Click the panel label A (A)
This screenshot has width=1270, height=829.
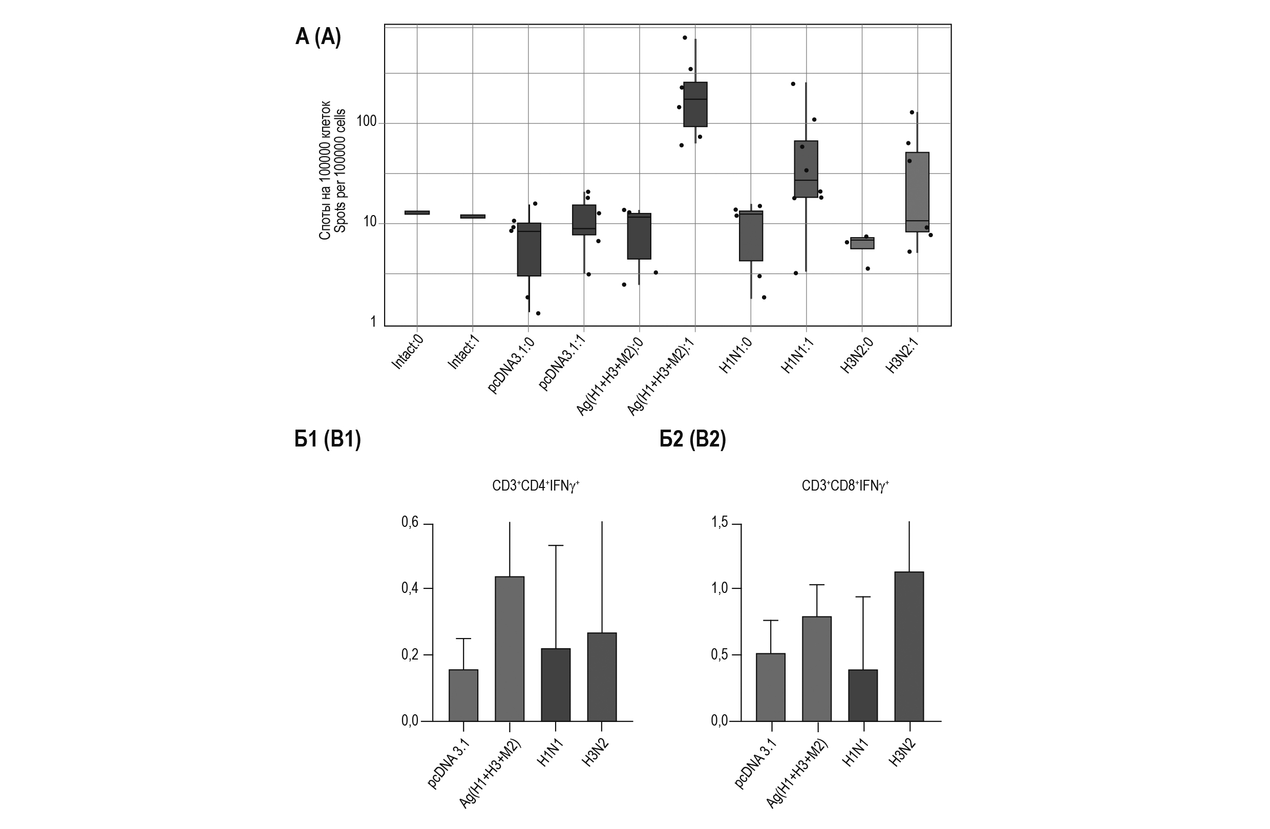tap(318, 37)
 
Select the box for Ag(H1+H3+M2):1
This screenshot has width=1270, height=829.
tap(695, 104)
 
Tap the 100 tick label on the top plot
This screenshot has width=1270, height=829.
tap(367, 122)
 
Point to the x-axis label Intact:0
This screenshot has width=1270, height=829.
tap(408, 354)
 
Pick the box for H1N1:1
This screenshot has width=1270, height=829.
tap(806, 168)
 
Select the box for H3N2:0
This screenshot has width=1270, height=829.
tap(862, 243)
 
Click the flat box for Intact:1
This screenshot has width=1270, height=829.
tap(473, 216)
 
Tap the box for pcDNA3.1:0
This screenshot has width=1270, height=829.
tap(529, 249)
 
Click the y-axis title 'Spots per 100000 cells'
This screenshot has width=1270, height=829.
tap(341, 171)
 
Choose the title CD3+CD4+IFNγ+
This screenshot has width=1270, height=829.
tap(535, 485)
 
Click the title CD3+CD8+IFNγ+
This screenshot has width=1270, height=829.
tap(845, 485)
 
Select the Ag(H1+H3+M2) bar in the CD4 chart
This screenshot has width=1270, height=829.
tap(510, 649)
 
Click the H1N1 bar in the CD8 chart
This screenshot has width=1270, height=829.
tap(863, 695)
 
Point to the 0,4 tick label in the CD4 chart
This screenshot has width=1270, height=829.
tap(409, 588)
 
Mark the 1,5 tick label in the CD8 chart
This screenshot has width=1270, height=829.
tap(719, 522)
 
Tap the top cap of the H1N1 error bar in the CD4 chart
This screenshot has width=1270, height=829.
tap(556, 545)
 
